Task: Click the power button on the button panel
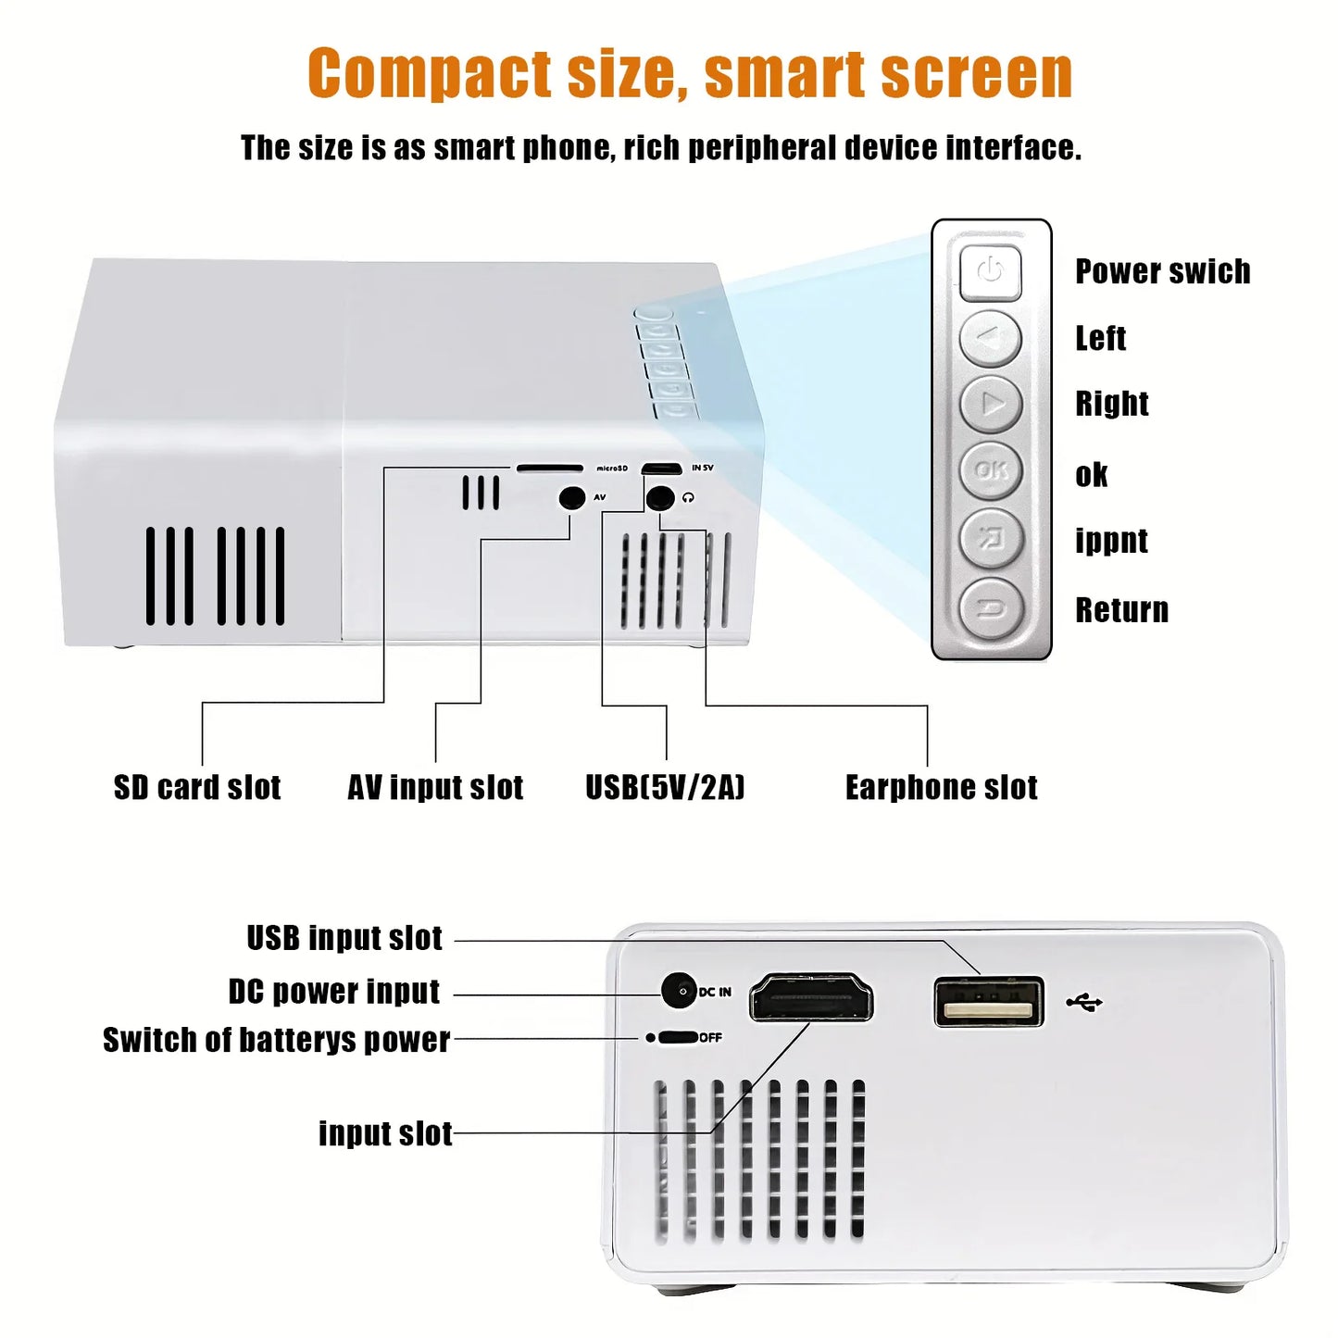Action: (x=990, y=272)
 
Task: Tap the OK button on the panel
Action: (x=991, y=470)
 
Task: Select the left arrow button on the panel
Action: (x=991, y=339)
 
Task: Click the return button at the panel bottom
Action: (x=991, y=608)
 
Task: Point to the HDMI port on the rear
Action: (x=810, y=997)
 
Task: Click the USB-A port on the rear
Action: (x=989, y=1002)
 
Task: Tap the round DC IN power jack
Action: (x=680, y=991)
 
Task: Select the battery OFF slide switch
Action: (x=677, y=1037)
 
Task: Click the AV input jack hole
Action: (x=572, y=498)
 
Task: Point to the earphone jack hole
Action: (x=659, y=498)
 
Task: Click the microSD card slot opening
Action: (x=549, y=469)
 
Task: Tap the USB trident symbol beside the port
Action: (x=1084, y=1002)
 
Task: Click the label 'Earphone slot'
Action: (x=941, y=787)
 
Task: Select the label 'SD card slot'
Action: (x=197, y=787)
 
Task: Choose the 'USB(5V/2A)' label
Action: (x=665, y=787)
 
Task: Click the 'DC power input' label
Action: (x=334, y=992)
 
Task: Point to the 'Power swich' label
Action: (x=1162, y=271)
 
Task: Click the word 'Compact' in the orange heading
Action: (x=430, y=73)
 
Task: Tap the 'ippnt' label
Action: (x=1111, y=541)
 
